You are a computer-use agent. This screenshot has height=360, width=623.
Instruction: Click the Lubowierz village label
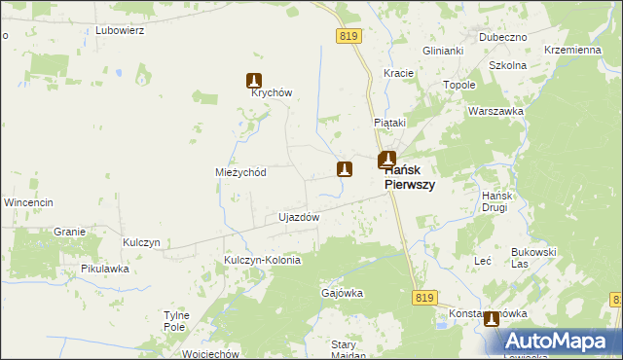coord(120,30)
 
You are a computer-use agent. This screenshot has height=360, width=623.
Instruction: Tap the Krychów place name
coord(272,93)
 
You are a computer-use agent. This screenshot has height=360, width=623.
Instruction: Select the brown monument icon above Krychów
coord(254,82)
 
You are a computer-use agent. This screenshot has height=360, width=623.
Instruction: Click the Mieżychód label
coord(240,172)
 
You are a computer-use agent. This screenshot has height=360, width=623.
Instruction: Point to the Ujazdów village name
coord(299,217)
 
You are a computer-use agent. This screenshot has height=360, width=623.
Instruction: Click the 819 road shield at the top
coord(350,36)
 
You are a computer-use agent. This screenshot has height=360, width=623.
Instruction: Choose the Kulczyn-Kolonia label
coord(262,261)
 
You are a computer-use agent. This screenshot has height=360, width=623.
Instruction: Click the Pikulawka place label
coord(105,269)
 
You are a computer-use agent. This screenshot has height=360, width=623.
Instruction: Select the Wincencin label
coord(27,202)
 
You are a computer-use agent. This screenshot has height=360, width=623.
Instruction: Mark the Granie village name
coord(70,232)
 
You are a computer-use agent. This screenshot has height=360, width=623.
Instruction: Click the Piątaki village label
coord(389,123)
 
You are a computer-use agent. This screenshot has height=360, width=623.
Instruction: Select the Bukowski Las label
coord(533,258)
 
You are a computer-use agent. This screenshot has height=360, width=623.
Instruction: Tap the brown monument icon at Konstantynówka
coord(492,318)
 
